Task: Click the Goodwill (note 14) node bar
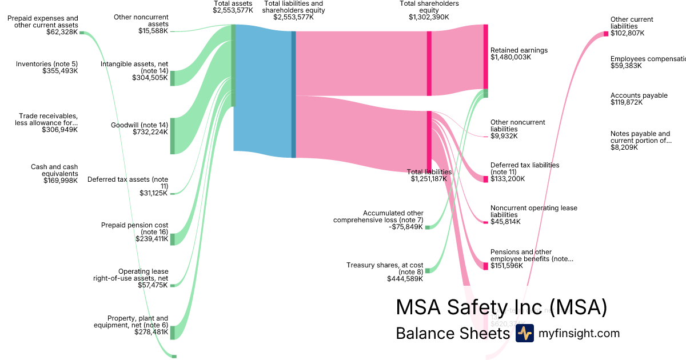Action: pos(172,136)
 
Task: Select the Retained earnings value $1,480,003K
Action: pos(510,57)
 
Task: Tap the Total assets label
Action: pos(233,4)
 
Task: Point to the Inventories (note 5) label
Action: pos(47,63)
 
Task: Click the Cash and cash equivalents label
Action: pos(54,167)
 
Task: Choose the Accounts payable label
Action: pos(639,95)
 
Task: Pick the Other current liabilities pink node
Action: pos(606,34)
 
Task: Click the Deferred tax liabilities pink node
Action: pos(486,179)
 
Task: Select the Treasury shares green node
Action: pos(427,270)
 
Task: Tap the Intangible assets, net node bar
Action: pos(172,78)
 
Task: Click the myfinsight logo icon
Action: pos(524,333)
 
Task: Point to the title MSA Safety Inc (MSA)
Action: pos(501,307)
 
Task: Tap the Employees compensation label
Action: pos(647,59)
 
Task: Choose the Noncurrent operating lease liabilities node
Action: pos(486,222)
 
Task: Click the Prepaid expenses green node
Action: pos(82,33)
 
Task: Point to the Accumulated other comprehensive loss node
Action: pos(427,227)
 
